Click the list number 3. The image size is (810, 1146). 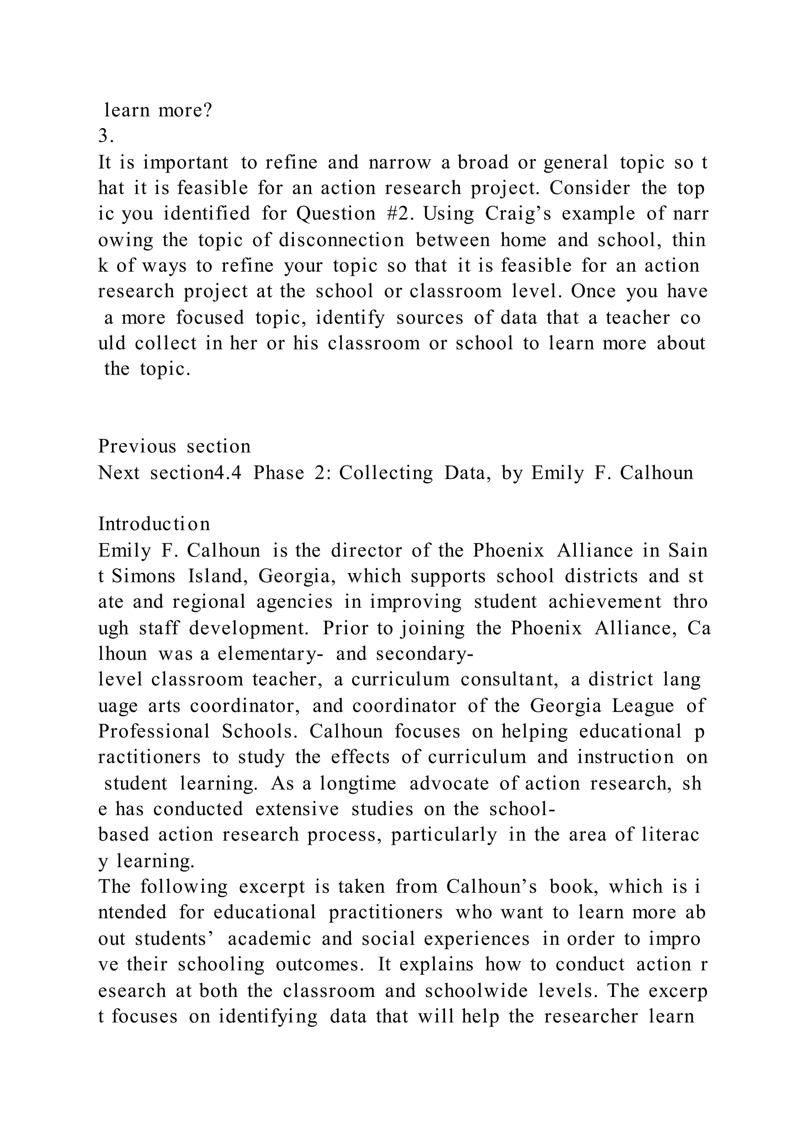[106, 136]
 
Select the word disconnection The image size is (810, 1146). [341, 240]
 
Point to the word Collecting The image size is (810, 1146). [386, 472]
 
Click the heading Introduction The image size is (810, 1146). [154, 524]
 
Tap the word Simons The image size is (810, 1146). [144, 576]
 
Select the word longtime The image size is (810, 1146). [358, 783]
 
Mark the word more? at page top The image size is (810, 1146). [185, 110]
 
